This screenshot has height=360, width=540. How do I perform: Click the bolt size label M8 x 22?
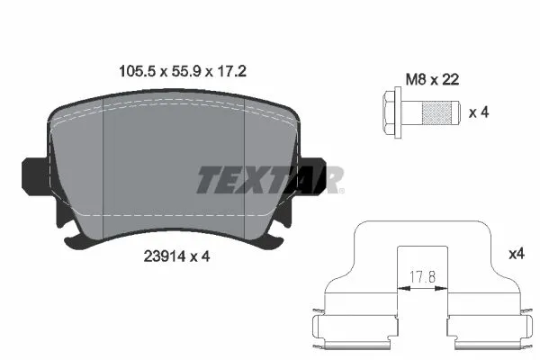pyautogui.click(x=431, y=79)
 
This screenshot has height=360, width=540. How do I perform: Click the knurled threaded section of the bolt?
pyautogui.click(x=439, y=113)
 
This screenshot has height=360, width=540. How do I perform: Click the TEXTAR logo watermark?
pyautogui.click(x=270, y=180)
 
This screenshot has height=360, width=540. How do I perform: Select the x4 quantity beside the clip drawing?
pyautogui.click(x=516, y=255)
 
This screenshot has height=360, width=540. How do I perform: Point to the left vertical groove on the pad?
pyautogui.click(x=106, y=171)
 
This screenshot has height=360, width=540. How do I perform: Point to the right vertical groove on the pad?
pyautogui.click(x=246, y=171)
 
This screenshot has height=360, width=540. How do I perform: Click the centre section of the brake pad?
pyautogui.click(x=175, y=171)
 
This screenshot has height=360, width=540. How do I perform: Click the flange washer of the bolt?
pyautogui.click(x=402, y=113)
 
